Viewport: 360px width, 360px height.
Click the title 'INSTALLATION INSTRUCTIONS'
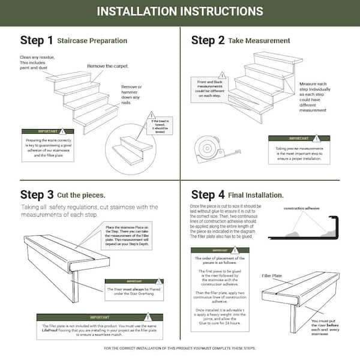coord(179,11)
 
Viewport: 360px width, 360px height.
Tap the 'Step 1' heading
coord(37,41)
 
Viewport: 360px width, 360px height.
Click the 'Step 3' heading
coord(37,194)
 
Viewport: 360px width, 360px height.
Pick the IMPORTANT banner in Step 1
coord(47,131)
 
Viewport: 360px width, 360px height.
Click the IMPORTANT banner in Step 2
coord(299,138)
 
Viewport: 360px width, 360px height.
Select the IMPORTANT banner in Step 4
coord(219,251)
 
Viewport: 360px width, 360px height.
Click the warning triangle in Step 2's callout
coord(221,75)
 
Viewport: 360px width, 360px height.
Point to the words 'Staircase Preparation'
coord(92,41)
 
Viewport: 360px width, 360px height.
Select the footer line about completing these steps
coord(179,348)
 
